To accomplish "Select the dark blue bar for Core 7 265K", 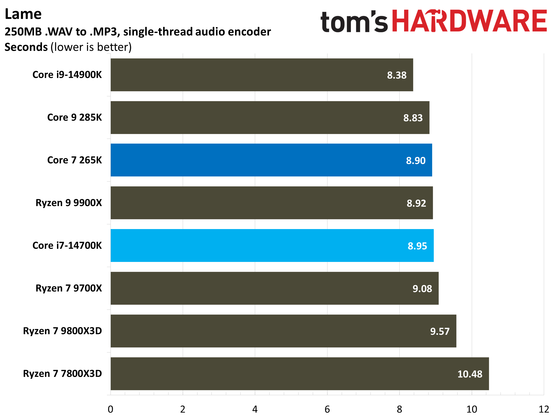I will [x=271, y=160].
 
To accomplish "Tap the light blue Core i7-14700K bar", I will [x=272, y=246].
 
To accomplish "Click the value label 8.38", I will [x=396, y=75].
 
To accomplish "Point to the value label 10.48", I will [x=470, y=374].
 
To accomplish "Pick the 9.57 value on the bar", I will [x=440, y=331].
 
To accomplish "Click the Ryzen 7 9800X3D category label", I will [x=62, y=331].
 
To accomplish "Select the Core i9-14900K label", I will [x=67, y=75].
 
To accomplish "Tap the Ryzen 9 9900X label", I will [x=69, y=203].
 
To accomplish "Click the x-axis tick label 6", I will [x=327, y=409].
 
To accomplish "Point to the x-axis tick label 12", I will [x=544, y=409].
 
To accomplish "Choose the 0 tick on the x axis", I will [x=110, y=409].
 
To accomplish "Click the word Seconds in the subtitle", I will [x=26, y=47].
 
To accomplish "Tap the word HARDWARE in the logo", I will [x=469, y=21].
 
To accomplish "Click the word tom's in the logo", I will [x=354, y=22].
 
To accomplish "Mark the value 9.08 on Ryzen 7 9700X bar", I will [x=422, y=289].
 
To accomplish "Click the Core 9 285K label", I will [x=74, y=117].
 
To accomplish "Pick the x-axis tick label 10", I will [x=471, y=409].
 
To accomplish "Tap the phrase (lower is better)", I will [x=91, y=47].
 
